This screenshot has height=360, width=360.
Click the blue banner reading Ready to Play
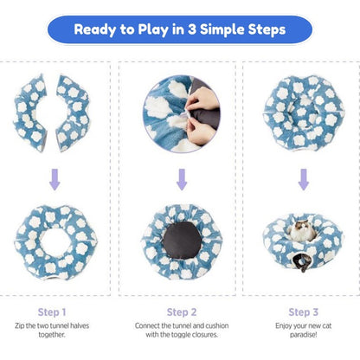(180, 29)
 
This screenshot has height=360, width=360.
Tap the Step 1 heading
(52, 312)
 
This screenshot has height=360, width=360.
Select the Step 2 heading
(182, 312)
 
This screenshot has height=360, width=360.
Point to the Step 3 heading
(304, 312)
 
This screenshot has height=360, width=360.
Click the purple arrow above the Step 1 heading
(55, 179)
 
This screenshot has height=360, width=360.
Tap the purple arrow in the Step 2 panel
(182, 179)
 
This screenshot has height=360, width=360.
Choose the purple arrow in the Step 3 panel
(304, 179)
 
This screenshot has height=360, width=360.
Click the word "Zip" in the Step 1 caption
(20, 325)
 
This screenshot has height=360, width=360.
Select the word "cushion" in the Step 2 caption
(217, 325)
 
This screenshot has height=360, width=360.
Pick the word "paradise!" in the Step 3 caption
(304, 335)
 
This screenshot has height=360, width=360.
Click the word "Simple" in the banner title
(222, 30)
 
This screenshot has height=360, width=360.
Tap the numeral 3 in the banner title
(191, 29)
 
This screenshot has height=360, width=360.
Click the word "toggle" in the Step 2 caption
(180, 335)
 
